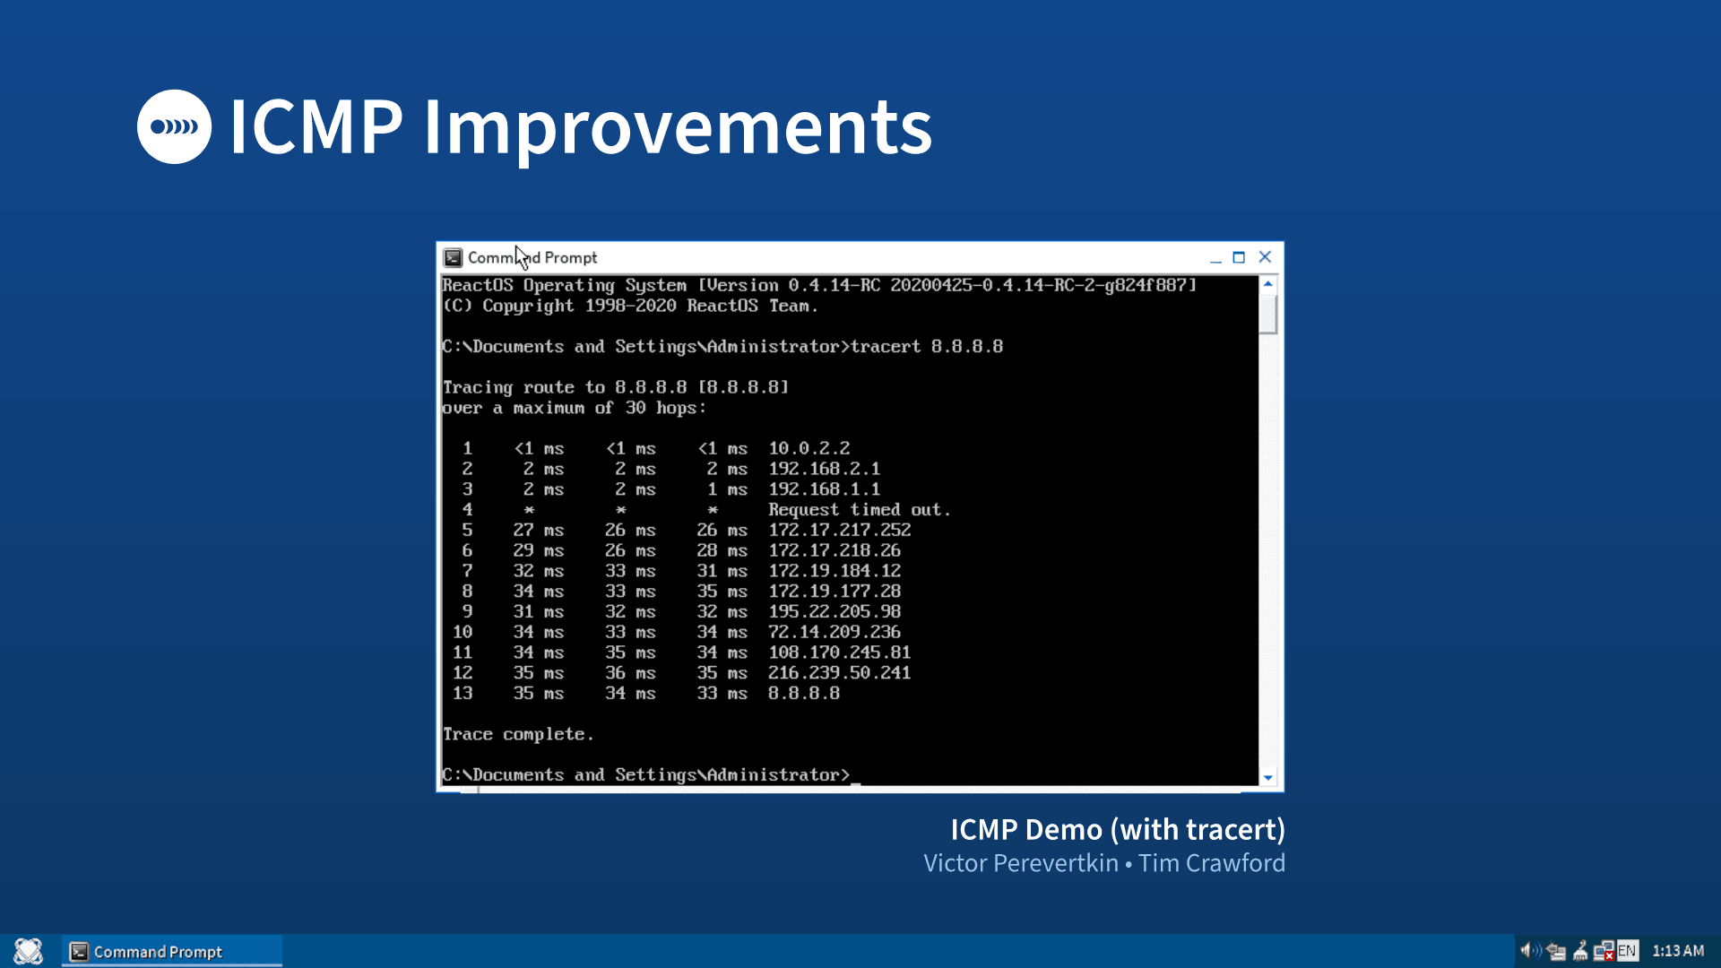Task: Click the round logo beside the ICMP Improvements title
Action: pyautogui.click(x=174, y=126)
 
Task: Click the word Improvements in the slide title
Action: pyautogui.click(x=678, y=127)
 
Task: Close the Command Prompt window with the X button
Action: pyautogui.click(x=1265, y=257)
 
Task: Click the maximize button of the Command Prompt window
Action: pyautogui.click(x=1239, y=257)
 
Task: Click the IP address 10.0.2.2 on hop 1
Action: pyautogui.click(x=809, y=448)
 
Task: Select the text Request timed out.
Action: pyautogui.click(x=859, y=510)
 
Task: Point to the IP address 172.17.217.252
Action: pyautogui.click(x=839, y=530)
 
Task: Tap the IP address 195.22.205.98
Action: pyautogui.click(x=834, y=611)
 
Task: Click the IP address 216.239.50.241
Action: pyautogui.click(x=839, y=672)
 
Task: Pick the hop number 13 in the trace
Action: pyautogui.click(x=463, y=693)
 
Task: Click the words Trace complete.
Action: pyautogui.click(x=517, y=734)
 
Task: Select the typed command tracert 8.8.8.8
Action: pyautogui.click(x=926, y=347)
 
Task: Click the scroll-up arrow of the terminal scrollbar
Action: pyautogui.click(x=1267, y=284)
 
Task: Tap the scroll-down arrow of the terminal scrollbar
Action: pyautogui.click(x=1267, y=777)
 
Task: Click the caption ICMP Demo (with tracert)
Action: pyautogui.click(x=1118, y=830)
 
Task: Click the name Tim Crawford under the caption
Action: pyautogui.click(x=1212, y=863)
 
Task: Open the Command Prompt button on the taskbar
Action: pyautogui.click(x=172, y=951)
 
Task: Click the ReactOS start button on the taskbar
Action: pyautogui.click(x=29, y=951)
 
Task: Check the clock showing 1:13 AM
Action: pyautogui.click(x=1678, y=951)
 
